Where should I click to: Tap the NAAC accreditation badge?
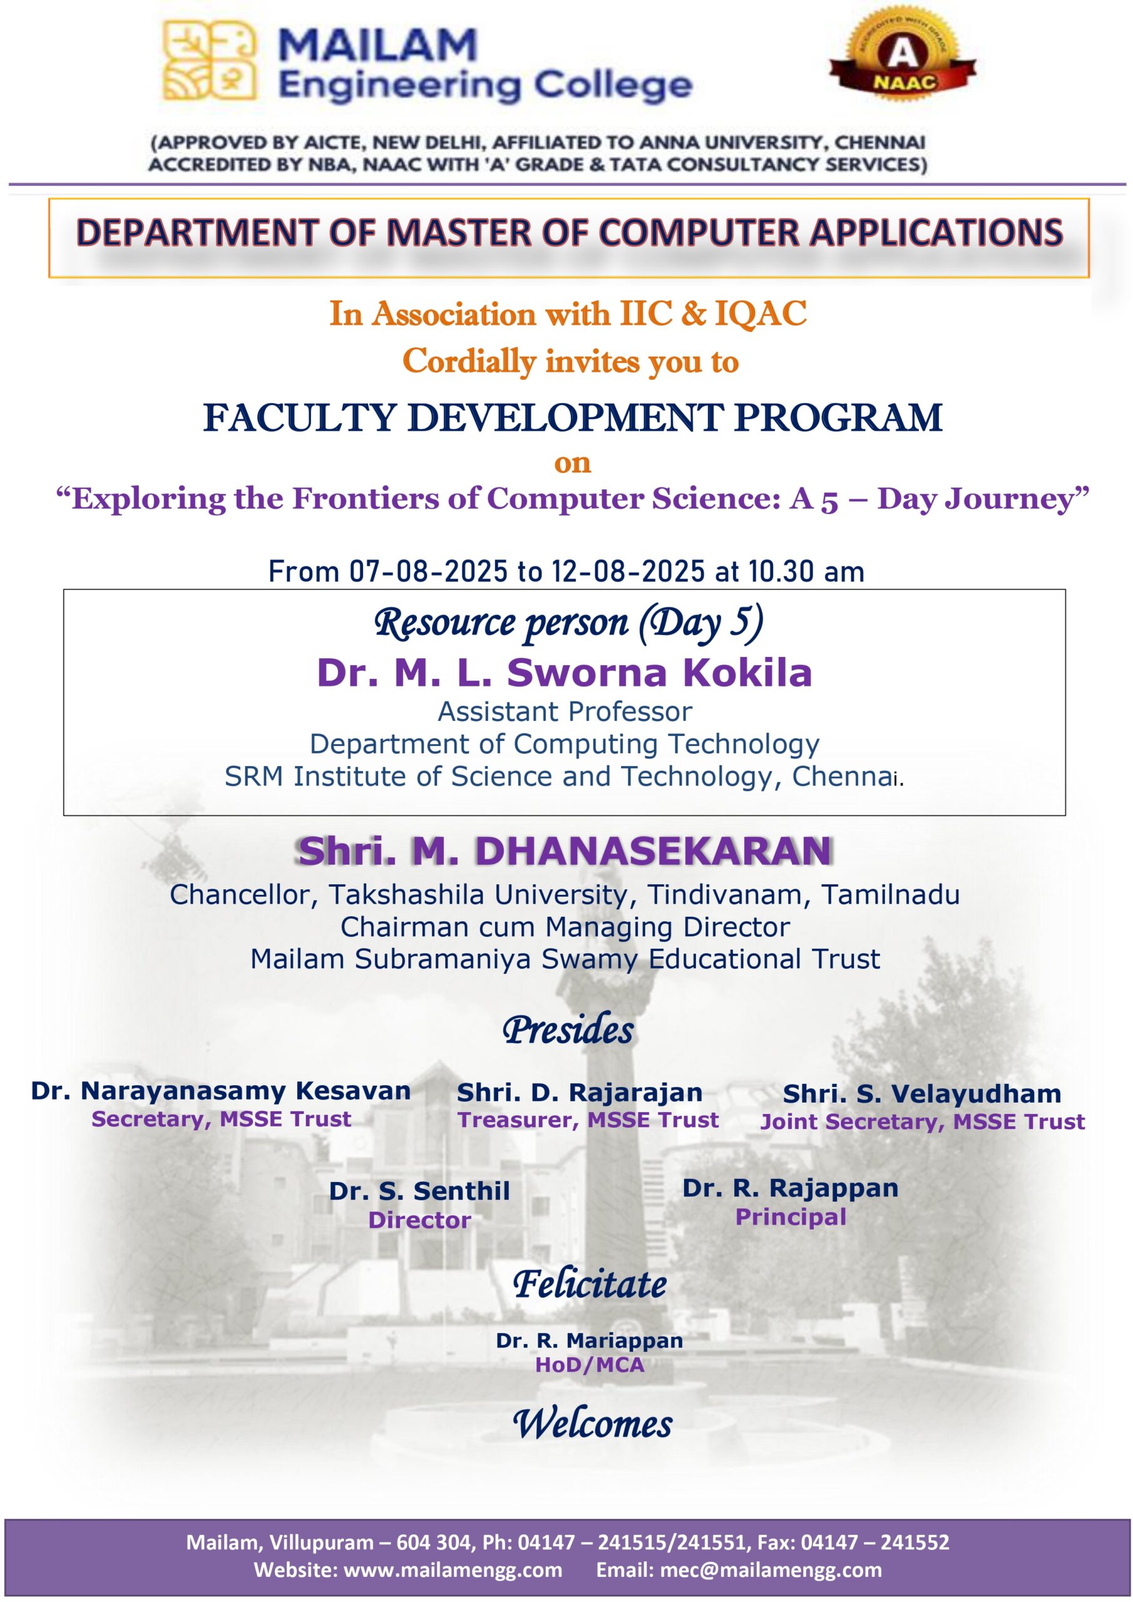tap(903, 56)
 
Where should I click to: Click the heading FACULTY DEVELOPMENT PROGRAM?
tap(572, 417)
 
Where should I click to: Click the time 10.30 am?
tap(806, 571)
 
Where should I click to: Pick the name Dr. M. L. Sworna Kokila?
tap(564, 673)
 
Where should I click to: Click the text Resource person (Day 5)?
tap(568, 623)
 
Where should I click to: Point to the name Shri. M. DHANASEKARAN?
tap(564, 851)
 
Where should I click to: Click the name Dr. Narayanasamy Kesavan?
tap(220, 1091)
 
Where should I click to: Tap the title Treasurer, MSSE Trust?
tap(588, 1120)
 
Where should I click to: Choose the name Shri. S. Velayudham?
tap(921, 1093)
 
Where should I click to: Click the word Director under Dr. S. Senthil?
tap(419, 1220)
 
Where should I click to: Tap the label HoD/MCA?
tap(589, 1365)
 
